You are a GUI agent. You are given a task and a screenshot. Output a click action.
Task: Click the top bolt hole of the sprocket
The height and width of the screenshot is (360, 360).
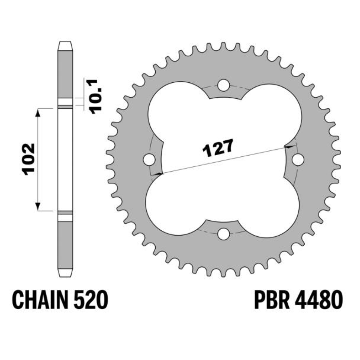pyautogui.click(x=224, y=85)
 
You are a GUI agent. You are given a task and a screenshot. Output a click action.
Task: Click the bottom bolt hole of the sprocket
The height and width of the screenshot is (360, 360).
pyautogui.click(x=224, y=234)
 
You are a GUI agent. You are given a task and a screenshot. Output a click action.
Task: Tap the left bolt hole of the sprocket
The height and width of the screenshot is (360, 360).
pyautogui.click(x=149, y=160)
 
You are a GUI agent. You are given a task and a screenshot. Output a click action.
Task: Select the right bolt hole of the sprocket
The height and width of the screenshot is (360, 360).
pyautogui.click(x=298, y=160)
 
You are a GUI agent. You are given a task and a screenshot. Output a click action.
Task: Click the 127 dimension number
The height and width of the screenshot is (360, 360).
pyautogui.click(x=218, y=148)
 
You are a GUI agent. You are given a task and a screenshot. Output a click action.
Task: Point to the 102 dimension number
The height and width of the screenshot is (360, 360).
pyautogui.click(x=29, y=159)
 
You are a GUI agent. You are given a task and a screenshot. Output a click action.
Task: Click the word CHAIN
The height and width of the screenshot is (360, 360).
pyautogui.click(x=40, y=300)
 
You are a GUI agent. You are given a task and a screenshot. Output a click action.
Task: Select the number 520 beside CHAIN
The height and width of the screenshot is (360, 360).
pyautogui.click(x=91, y=300)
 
